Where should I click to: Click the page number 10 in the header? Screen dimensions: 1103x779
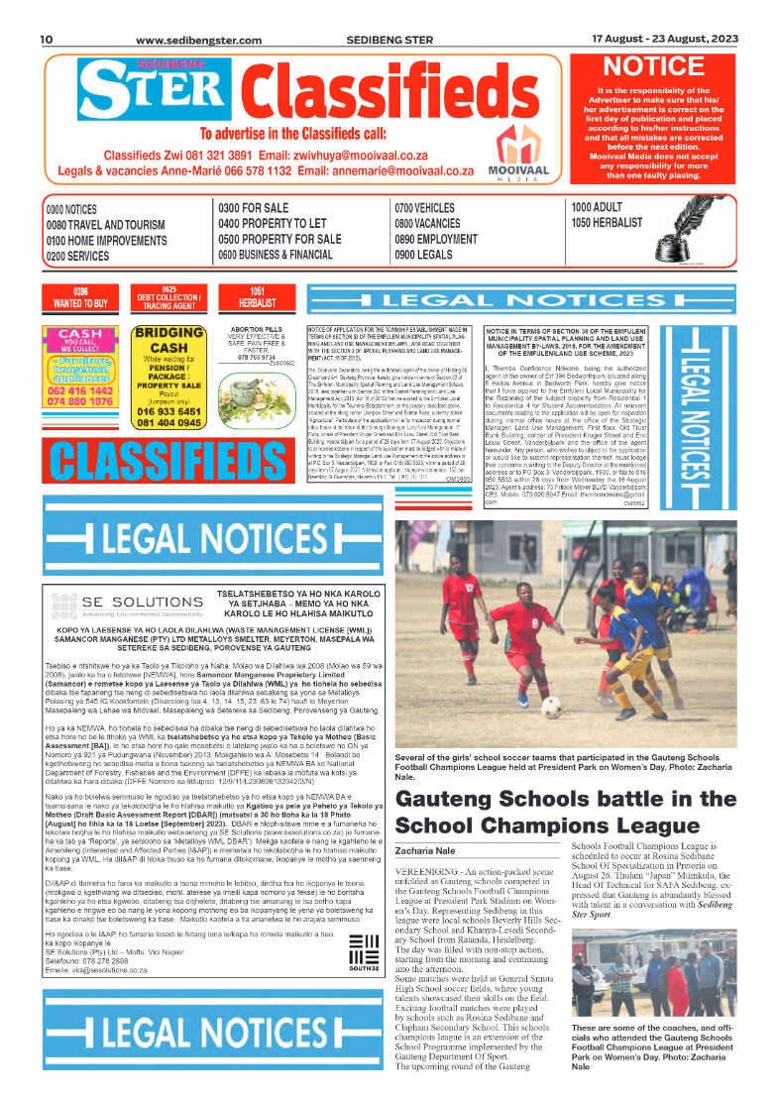click(x=46, y=40)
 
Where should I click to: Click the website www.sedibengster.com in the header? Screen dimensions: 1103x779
click(x=198, y=41)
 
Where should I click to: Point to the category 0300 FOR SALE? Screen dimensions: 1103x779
click(x=254, y=209)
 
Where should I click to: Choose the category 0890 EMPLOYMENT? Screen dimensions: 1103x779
click(x=436, y=240)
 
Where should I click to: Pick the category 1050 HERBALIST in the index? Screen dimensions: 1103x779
click(x=607, y=224)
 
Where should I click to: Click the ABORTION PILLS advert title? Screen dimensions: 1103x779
click(x=256, y=329)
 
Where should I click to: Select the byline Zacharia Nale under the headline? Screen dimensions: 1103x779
click(x=424, y=850)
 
